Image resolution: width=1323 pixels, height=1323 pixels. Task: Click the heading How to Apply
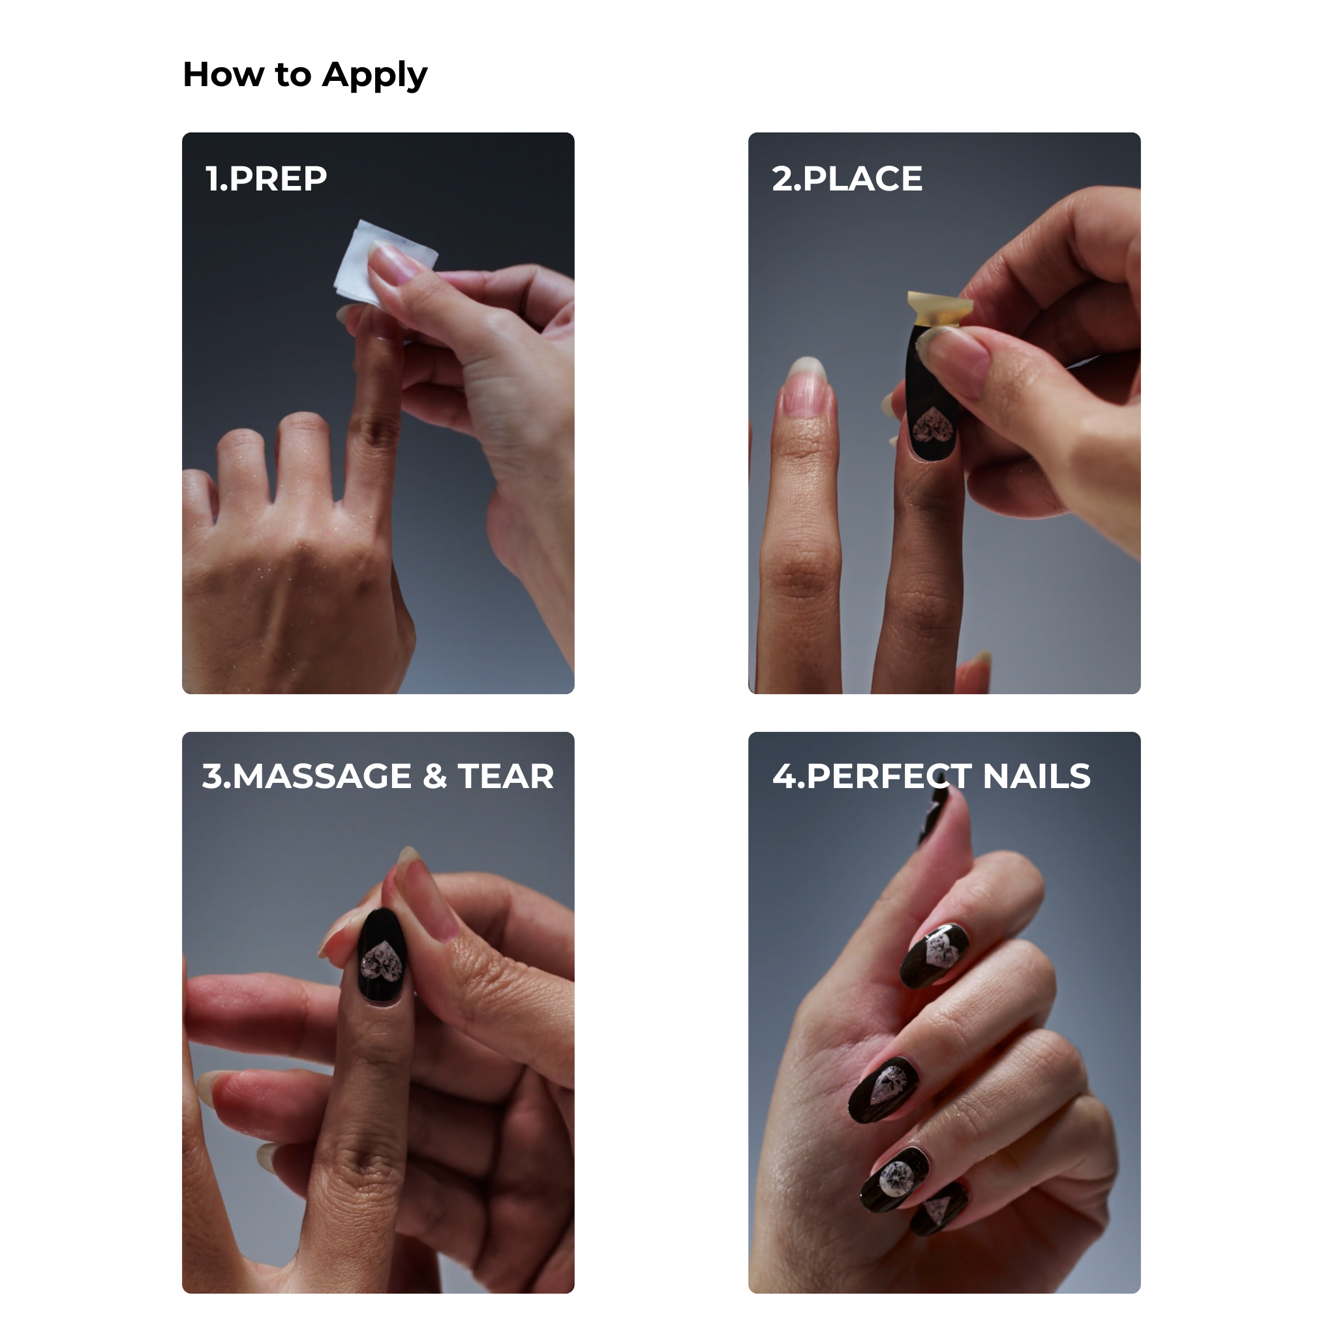305,74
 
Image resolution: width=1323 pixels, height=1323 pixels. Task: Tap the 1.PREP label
266,179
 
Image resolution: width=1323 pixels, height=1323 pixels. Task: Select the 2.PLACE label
847,179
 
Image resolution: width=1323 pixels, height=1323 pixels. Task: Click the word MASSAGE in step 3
322,776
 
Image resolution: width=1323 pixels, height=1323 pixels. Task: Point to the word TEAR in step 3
506,776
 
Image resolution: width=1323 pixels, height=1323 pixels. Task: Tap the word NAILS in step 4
1036,776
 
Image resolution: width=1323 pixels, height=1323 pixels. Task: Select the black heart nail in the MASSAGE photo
382,956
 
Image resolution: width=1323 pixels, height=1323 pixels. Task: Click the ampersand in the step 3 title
435,776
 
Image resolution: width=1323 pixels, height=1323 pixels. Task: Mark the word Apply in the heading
374,76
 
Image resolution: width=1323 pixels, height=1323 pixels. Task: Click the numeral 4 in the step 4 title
785,776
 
